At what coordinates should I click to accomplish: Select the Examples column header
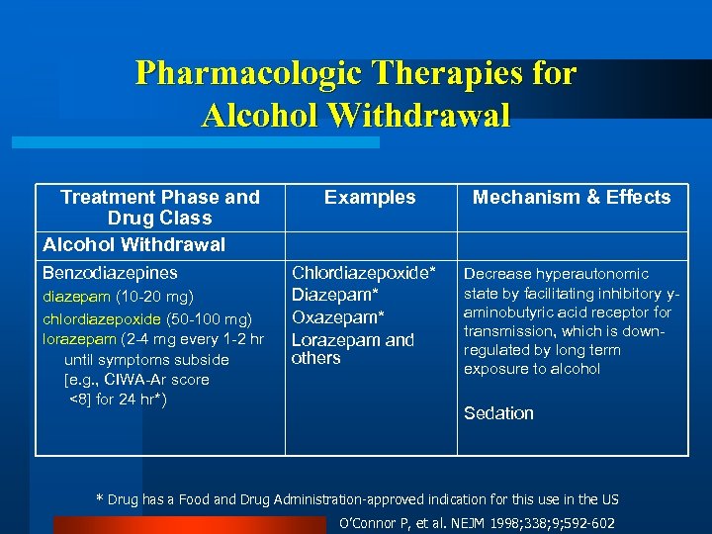pos(370,198)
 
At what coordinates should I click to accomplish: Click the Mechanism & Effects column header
pos(572,198)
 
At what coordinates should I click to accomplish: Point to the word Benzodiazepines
pos(110,273)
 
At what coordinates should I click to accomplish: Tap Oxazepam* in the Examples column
pos(337,316)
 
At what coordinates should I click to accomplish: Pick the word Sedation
pos(498,413)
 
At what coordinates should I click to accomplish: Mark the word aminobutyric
pos(510,312)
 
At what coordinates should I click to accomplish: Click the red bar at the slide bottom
pos(188,525)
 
